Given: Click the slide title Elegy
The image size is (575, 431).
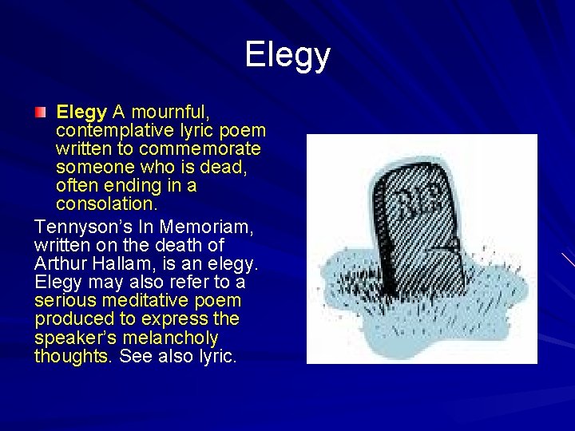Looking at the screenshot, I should pos(287,55).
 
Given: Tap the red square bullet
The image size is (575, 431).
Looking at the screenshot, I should pos(41,112).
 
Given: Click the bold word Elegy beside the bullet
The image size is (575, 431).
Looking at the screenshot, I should pos(81,112).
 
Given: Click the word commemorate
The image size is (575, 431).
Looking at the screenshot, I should pos(199,148).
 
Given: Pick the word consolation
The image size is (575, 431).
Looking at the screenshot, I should pos(104,204).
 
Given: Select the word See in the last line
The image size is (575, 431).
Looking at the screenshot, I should pos(135,356).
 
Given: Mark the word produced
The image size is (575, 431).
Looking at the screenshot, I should pos(75,318).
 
